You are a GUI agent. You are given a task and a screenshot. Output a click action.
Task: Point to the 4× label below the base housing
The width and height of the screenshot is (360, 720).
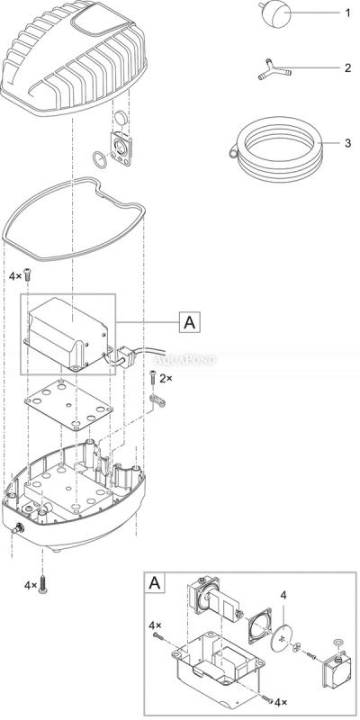[30, 585]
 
